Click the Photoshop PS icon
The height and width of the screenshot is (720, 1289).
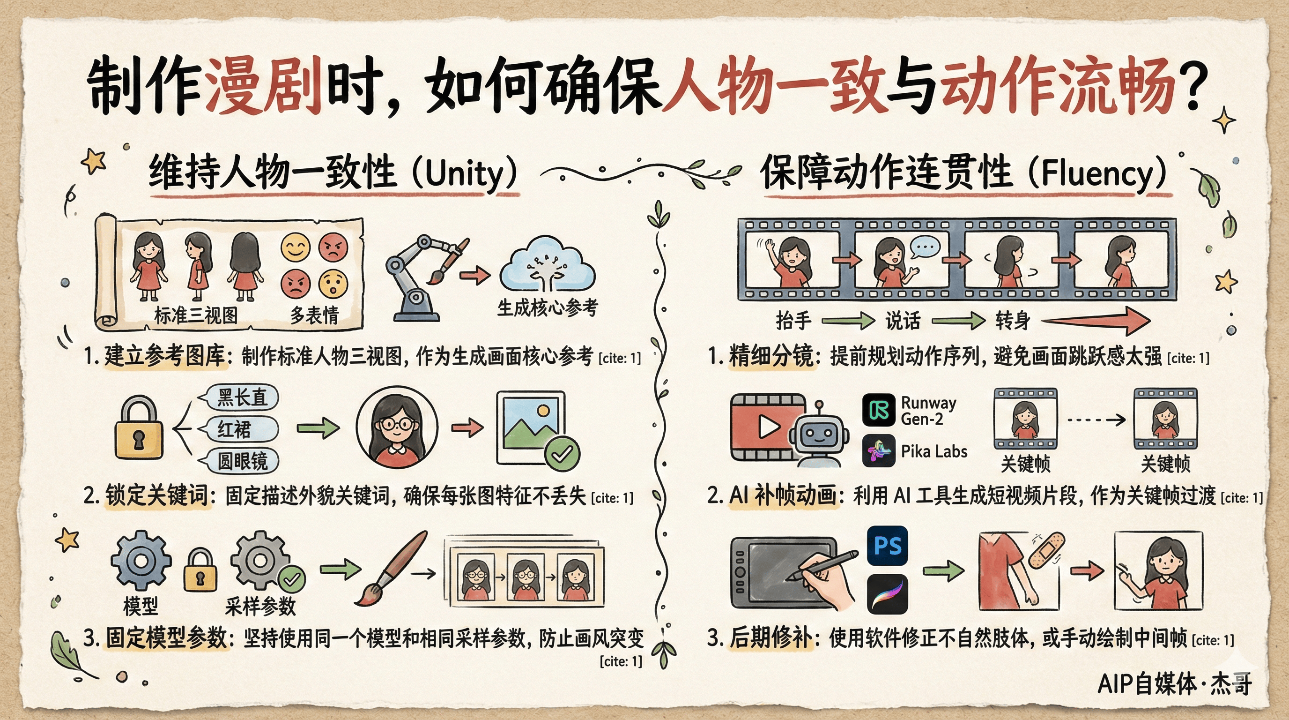[x=887, y=545]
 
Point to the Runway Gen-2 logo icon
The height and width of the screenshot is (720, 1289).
[x=879, y=410]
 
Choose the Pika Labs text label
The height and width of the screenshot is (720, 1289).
[x=933, y=451]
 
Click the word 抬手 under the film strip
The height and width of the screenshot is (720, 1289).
[x=793, y=320]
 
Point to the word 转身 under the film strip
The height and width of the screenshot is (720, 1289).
[x=1012, y=320]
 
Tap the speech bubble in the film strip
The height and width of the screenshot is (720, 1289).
[x=925, y=247]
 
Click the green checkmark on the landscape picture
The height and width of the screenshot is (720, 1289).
[x=563, y=454]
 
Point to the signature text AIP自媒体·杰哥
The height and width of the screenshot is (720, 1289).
[x=1174, y=684]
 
